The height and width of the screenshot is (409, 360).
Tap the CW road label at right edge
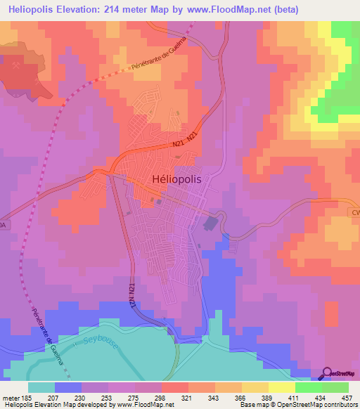[354, 211]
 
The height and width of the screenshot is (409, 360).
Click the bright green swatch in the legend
[307, 387]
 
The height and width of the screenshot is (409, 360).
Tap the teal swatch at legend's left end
[41, 387]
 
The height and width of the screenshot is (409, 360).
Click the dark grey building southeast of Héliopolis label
[210, 224]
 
